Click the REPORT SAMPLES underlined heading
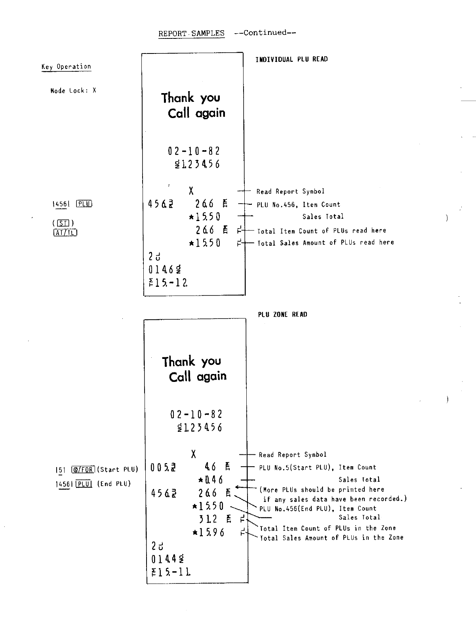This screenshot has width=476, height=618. point(191,33)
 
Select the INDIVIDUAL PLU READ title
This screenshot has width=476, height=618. point(291,59)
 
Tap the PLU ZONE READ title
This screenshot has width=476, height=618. point(282,315)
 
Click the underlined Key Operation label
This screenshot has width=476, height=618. point(66,67)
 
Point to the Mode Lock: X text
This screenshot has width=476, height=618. point(73,91)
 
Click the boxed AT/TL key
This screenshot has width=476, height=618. point(65,233)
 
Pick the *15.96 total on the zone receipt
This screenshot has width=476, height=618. point(209,532)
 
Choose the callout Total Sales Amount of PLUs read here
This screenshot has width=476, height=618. point(326,242)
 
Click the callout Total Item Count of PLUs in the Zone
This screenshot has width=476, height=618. point(327,528)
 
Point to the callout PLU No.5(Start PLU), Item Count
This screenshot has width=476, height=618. point(318,467)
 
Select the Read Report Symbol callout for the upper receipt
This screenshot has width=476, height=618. point(290,192)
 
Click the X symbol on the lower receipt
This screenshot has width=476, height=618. point(193,454)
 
